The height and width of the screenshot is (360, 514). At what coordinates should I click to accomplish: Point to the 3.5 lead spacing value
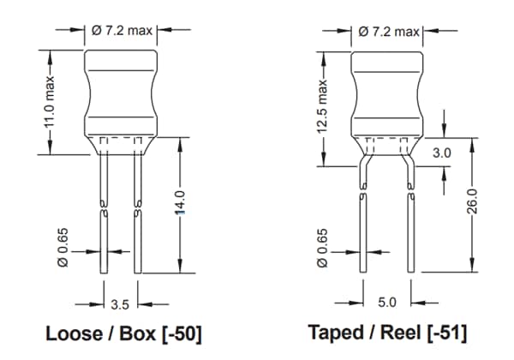120,303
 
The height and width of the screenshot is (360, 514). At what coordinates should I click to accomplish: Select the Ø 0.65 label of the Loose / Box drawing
62,243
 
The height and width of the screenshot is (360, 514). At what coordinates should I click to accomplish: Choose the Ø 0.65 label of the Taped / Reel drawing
323,243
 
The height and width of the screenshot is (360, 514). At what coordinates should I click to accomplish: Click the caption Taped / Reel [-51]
388,334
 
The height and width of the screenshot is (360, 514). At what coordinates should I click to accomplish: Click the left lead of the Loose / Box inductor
103,214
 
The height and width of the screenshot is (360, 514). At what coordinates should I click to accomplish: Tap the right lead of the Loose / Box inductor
137,214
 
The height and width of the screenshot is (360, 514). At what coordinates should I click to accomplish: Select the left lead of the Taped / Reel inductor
362,223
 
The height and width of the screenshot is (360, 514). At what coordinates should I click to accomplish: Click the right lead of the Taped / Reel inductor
415,223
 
